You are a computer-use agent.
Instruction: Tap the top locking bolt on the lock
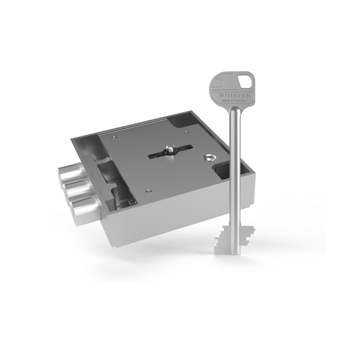(69, 173)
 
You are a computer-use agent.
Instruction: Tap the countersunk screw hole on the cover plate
(208, 157)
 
